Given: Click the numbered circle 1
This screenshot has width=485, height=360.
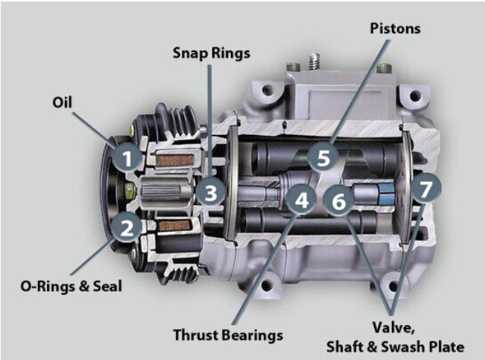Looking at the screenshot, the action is pyautogui.click(x=127, y=158).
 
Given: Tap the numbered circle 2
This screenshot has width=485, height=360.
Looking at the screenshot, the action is pyautogui.click(x=127, y=227).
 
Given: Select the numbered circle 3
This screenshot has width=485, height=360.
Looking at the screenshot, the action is pyautogui.click(x=211, y=192).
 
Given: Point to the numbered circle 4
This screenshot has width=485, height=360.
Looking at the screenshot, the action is pyautogui.click(x=301, y=199).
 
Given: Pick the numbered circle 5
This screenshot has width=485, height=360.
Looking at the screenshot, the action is pyautogui.click(x=323, y=157).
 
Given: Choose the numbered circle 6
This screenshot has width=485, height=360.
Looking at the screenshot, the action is pyautogui.click(x=338, y=201).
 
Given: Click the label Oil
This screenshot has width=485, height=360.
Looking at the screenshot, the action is pyautogui.click(x=62, y=102).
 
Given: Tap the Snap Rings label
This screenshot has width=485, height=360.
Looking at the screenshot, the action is pyautogui.click(x=212, y=53).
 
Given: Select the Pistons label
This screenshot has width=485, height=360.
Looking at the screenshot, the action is pyautogui.click(x=396, y=28).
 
